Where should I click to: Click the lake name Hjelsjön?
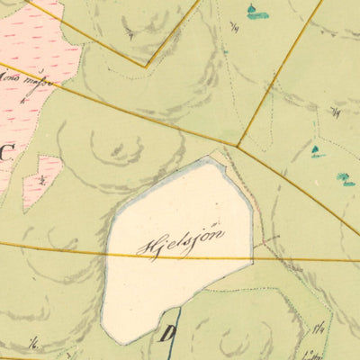180,241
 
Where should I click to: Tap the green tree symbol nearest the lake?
317,151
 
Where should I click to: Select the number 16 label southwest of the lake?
34,343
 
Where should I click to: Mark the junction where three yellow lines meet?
238,146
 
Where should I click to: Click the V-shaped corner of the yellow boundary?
147,66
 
